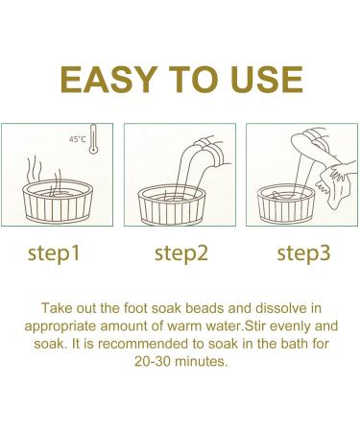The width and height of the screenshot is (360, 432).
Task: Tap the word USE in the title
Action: pyautogui.click(x=263, y=77)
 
